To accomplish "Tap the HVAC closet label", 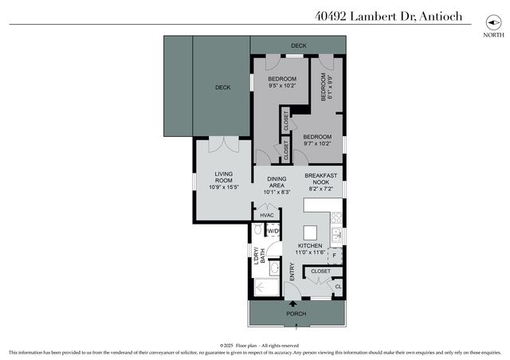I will point(266,215).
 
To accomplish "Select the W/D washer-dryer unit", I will point(273,231).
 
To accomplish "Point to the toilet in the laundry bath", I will point(258,230).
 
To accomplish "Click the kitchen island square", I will point(311,233).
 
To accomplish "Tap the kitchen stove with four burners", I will point(336,217).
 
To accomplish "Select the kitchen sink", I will point(337,235).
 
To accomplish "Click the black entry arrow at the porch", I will point(292,303).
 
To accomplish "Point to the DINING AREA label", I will point(277,182).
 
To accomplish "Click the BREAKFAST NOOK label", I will point(321,178).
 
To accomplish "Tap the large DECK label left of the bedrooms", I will point(222,88).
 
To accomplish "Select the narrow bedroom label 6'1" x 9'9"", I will point(326,86).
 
